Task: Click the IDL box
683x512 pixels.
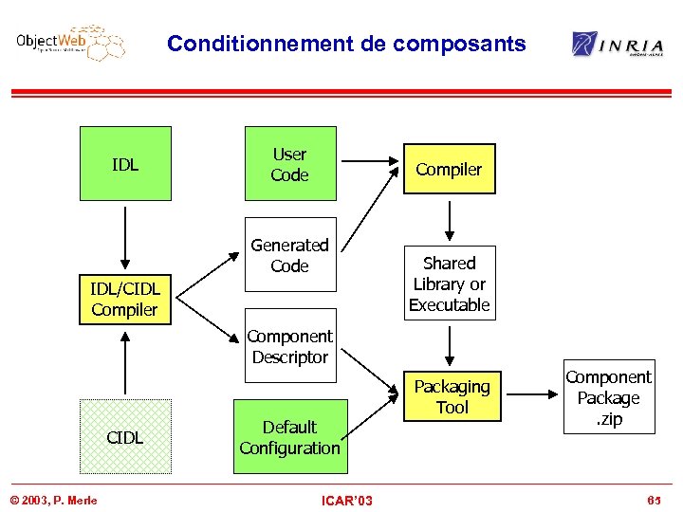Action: coord(125,164)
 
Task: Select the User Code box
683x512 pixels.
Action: coord(290,164)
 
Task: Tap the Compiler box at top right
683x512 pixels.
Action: coord(449,169)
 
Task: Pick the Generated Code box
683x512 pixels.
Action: coord(290,255)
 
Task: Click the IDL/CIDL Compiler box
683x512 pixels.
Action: coord(125,298)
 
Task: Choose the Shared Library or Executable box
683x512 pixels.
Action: coord(450,283)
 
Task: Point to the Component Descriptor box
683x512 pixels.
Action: coord(290,346)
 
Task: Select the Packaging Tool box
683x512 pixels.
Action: coord(452,396)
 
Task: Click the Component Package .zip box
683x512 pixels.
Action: coord(608,398)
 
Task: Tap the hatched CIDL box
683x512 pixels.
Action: coord(125,436)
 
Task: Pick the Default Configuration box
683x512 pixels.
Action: coord(290,437)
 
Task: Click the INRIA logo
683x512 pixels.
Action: coord(618,44)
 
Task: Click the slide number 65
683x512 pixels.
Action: coord(654,500)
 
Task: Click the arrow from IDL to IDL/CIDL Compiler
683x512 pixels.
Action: coord(124,237)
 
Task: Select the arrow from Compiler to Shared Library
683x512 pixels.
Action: coord(450,219)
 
